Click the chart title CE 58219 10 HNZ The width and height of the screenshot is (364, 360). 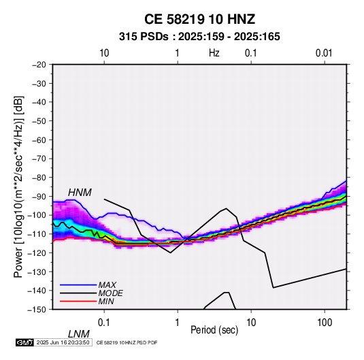tap(199, 19)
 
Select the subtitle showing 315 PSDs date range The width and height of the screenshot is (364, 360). tap(199, 37)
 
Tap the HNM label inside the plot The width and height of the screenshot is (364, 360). tap(80, 193)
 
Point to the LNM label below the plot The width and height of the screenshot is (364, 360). tap(78, 334)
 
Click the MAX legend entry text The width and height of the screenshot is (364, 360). tap(107, 284)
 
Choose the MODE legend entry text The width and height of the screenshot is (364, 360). tap(110, 293)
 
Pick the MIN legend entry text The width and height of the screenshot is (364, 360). tap(106, 301)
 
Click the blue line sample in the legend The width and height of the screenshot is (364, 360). tap(78, 285)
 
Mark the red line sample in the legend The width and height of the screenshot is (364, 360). tap(78, 301)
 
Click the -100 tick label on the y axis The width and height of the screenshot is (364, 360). tap(37, 215)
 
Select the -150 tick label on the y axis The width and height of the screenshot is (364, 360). tap(37, 310)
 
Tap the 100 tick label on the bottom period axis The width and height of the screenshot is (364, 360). tap(325, 323)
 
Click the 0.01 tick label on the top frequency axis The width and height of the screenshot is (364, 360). tap(324, 53)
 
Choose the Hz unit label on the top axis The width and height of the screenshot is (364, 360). tap(214, 53)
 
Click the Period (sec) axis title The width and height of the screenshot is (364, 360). tap(214, 330)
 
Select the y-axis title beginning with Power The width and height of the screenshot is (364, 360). tap(18, 186)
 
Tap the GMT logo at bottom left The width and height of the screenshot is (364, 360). tap(24, 342)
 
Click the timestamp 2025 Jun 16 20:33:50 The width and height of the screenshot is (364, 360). tap(63, 342)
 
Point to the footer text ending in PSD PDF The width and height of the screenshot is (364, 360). tap(127, 342)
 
